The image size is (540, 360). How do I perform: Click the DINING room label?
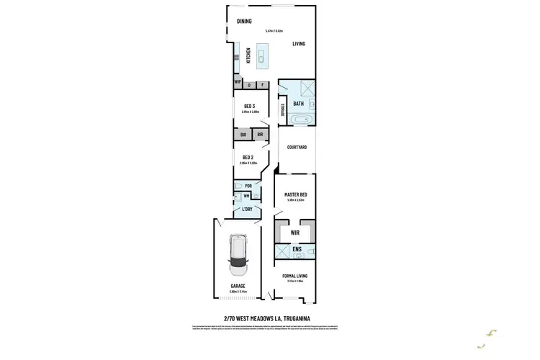click(x=244, y=21)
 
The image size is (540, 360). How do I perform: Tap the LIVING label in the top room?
click(x=299, y=44)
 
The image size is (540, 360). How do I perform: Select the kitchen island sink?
click(x=261, y=55)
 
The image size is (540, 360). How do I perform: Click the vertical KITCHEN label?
click(x=249, y=55)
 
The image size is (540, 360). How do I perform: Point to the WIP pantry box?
click(x=237, y=83)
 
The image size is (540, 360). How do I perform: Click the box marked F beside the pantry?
click(x=263, y=85)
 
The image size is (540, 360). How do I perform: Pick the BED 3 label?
click(x=249, y=107)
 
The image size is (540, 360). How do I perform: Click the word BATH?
click(x=298, y=104)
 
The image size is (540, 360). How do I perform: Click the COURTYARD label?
click(x=297, y=147)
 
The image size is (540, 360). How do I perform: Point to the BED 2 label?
click(x=248, y=157)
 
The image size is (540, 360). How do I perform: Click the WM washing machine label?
click(x=246, y=196)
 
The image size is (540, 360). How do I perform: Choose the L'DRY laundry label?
click(x=248, y=210)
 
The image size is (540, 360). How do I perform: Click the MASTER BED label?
click(x=296, y=194)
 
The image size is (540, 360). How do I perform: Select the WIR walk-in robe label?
click(x=295, y=233)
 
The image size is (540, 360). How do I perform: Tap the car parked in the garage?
click(x=238, y=256)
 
